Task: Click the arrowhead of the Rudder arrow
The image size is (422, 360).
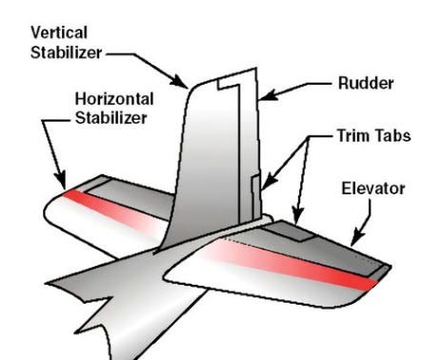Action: click(264, 98)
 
